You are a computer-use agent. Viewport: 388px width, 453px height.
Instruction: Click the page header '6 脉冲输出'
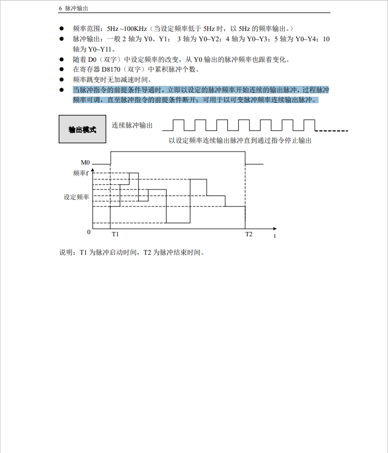pos(74,9)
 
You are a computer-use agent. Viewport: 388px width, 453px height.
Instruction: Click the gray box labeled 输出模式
pos(82,129)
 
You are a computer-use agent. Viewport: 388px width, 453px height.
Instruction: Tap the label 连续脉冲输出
pos(132,125)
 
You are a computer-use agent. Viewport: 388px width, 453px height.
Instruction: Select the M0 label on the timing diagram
pos(85,162)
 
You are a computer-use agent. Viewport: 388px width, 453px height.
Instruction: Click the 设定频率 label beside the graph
pos(77,197)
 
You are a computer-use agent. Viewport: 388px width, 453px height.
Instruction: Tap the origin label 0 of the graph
pos(88,232)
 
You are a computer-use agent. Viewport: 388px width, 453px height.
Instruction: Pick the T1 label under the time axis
pos(115,234)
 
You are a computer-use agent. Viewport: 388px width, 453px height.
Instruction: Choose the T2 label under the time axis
pos(249,234)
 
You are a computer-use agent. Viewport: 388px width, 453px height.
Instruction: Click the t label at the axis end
pos(275,236)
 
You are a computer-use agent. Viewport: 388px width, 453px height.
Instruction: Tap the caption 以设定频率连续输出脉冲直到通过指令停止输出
pos(240,141)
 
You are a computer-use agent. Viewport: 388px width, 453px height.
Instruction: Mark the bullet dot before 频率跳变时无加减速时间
pos(62,80)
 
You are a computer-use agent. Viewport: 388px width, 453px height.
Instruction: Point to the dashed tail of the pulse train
pos(332,131)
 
